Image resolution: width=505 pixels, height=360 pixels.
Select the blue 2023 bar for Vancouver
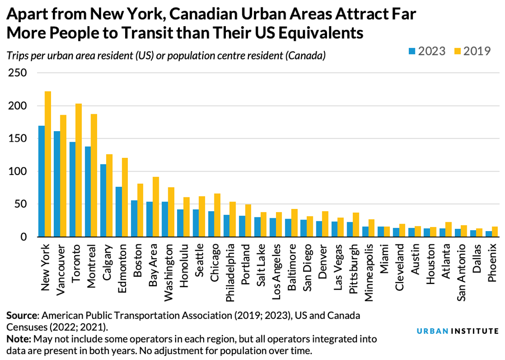point(57,184)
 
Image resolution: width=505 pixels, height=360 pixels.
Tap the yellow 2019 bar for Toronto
point(79,170)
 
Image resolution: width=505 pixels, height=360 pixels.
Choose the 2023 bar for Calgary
point(103,201)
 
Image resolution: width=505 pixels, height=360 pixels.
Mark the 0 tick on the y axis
point(23,237)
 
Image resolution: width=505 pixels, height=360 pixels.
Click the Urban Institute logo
point(458,331)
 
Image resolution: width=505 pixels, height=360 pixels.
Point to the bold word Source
point(22,316)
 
